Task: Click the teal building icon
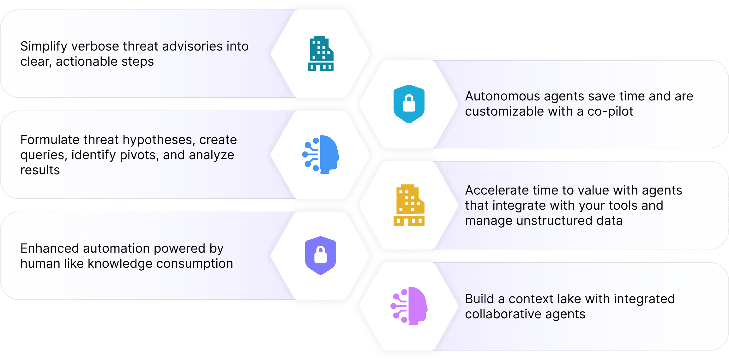(x=320, y=54)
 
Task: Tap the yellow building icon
(x=409, y=205)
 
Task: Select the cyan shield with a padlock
(x=409, y=104)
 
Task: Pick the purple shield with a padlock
(x=320, y=255)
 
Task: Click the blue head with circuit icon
(x=320, y=154)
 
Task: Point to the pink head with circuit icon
(x=409, y=306)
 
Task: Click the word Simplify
(x=44, y=46)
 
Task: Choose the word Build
(x=479, y=299)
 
